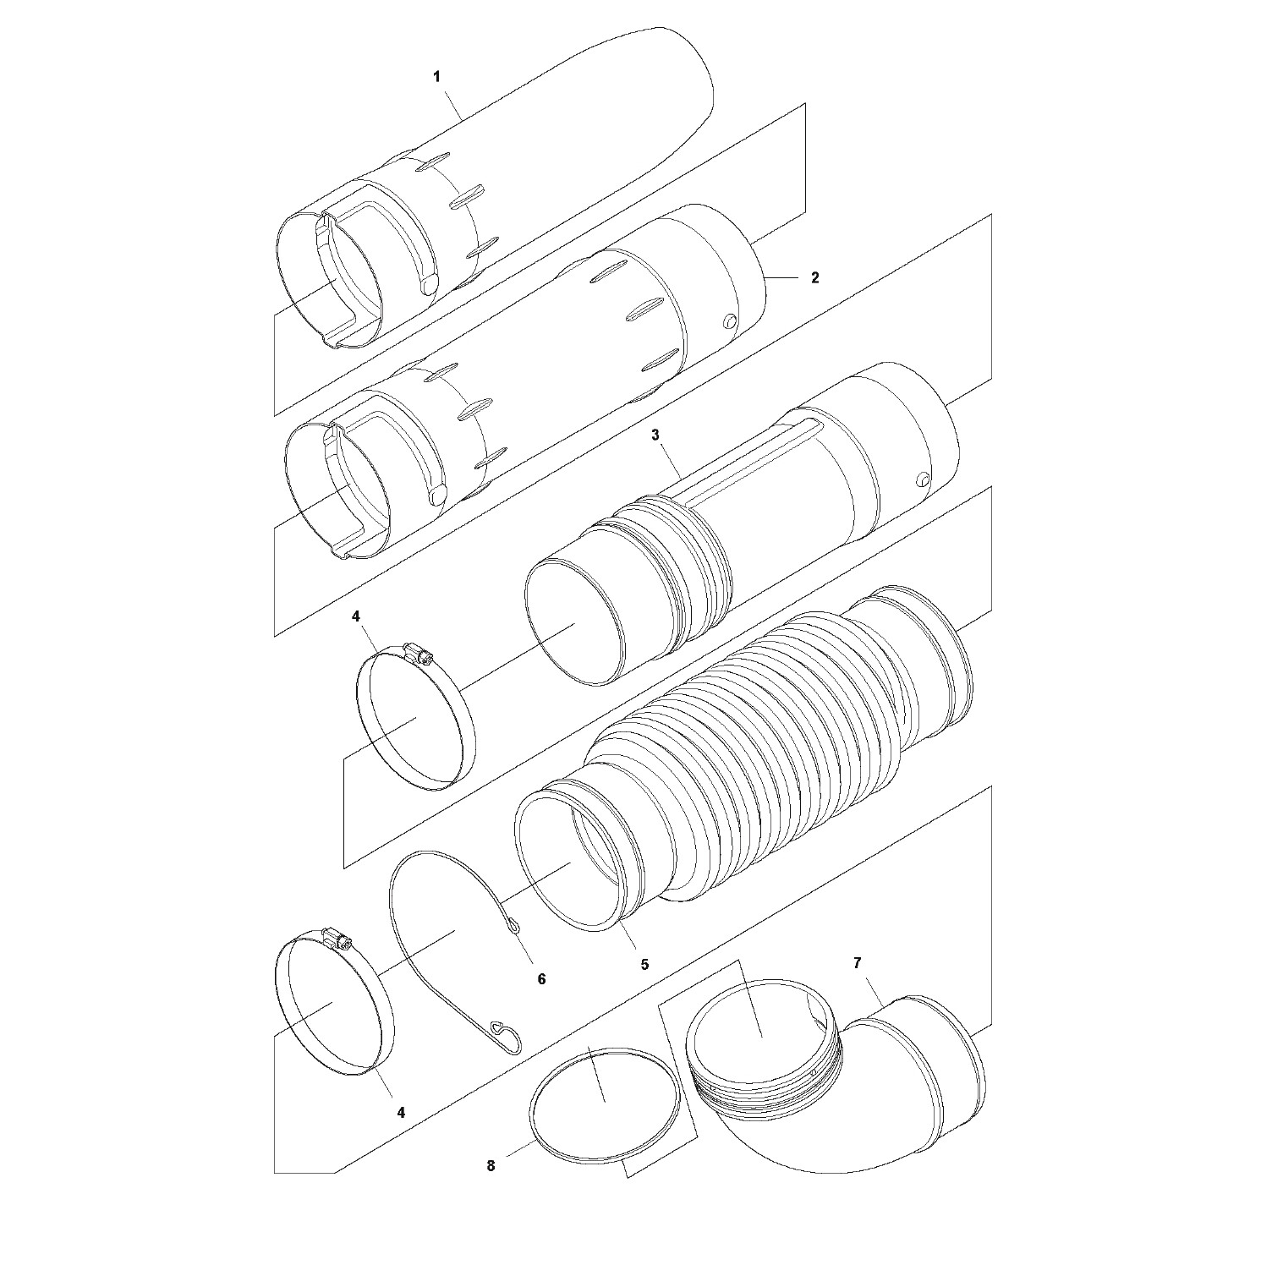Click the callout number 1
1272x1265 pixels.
click(436, 77)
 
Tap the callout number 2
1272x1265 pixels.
click(815, 277)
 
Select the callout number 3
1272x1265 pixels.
click(655, 435)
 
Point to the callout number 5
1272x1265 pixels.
click(644, 963)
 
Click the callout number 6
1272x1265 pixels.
click(541, 978)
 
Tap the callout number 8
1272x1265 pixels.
click(491, 1166)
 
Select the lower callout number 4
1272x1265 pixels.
click(401, 1113)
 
